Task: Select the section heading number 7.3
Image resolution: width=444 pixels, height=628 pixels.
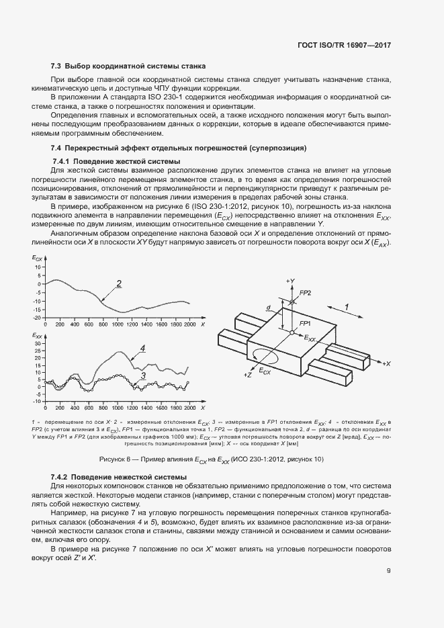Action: coord(56,66)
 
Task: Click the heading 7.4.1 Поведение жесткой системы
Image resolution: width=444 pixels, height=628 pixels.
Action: coord(116,161)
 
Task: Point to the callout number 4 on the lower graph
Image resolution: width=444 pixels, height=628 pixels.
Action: coord(143,349)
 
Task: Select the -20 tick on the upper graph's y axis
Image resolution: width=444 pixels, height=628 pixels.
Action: coord(38,317)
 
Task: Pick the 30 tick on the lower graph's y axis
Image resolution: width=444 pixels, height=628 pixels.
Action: coord(38,343)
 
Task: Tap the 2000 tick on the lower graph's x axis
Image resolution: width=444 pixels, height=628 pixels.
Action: coord(189,408)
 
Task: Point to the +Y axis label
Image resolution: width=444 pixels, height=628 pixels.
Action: coord(290,279)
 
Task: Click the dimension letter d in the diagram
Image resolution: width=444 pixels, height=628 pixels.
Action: coord(268,308)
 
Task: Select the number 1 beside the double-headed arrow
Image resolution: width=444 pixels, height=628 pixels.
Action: coord(346,306)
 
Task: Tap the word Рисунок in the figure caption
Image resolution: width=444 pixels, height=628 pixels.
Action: coord(112,459)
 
